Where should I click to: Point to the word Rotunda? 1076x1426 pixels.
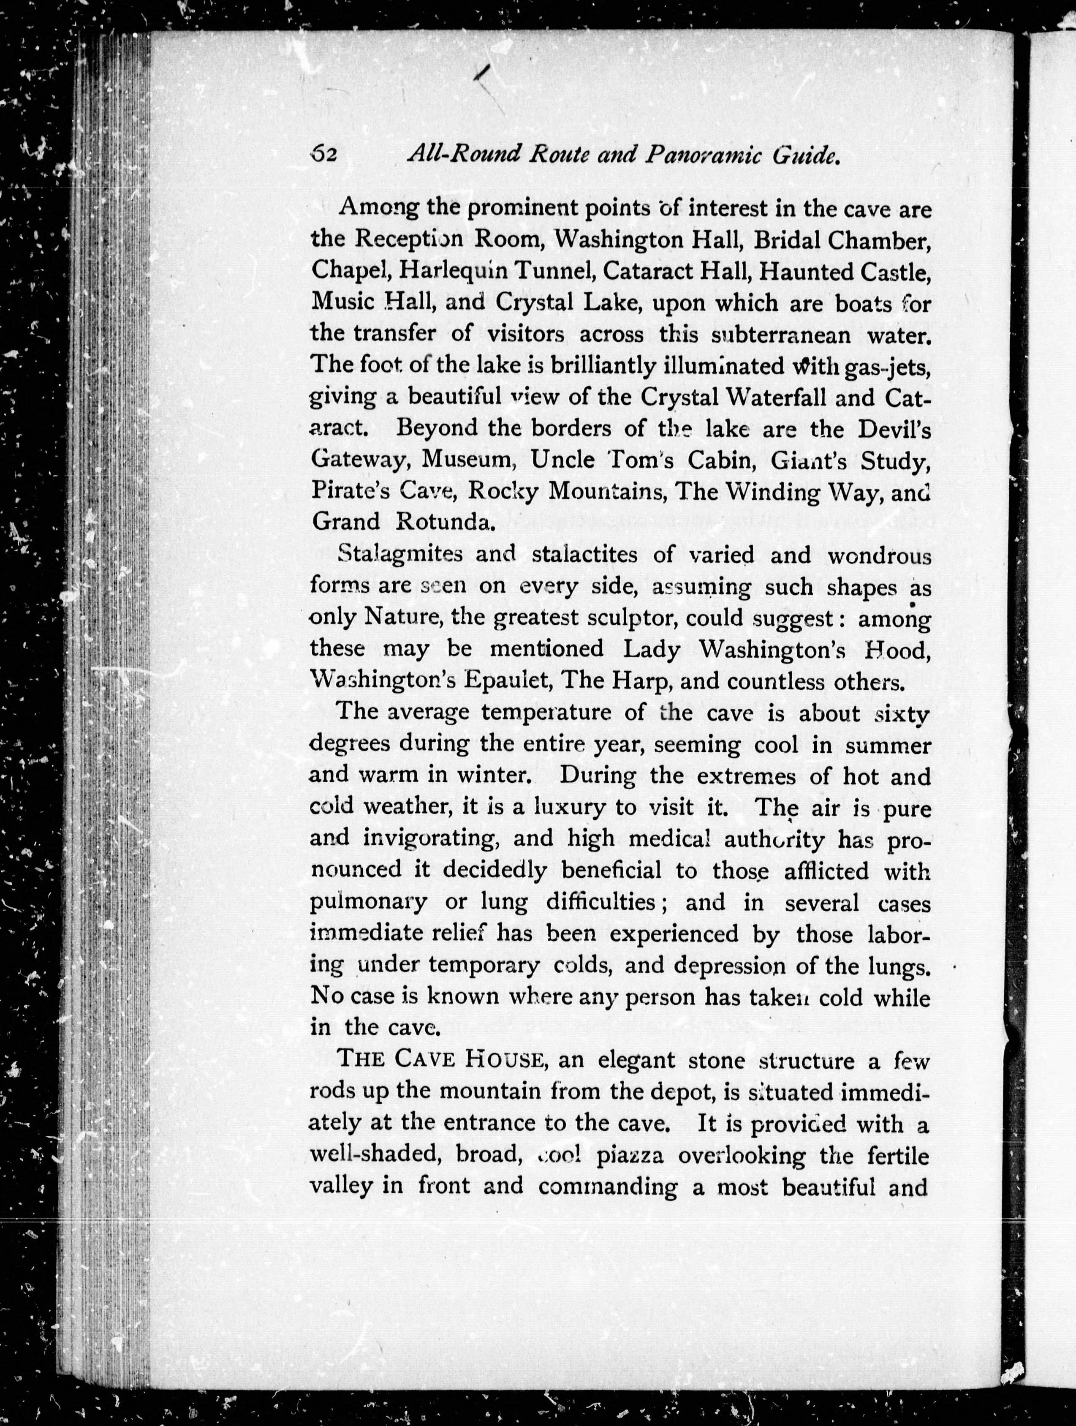click(446, 522)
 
